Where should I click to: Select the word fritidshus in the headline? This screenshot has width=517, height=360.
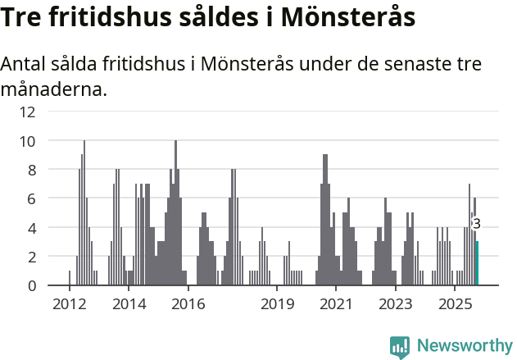(x=101, y=16)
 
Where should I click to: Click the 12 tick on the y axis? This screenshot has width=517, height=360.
(x=28, y=112)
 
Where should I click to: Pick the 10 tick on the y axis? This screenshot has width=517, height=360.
(x=28, y=140)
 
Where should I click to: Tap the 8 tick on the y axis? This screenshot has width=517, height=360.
(x=31, y=170)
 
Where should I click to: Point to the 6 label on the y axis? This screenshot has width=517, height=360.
(x=31, y=198)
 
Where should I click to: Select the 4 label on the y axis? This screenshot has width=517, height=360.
(x=31, y=227)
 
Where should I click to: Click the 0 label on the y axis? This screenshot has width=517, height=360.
(x=31, y=285)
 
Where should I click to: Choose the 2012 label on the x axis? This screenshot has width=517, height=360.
(x=69, y=305)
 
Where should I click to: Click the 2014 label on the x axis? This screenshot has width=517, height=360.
(x=129, y=305)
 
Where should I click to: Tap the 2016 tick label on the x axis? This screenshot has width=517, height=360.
(x=188, y=305)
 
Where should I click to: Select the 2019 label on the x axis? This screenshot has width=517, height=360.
(x=277, y=305)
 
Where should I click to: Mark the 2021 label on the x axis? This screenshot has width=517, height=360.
(x=336, y=305)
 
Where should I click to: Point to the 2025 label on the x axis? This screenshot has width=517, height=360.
(x=455, y=305)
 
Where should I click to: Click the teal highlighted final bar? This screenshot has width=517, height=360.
(x=477, y=263)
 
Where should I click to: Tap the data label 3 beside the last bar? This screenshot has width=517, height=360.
(x=476, y=223)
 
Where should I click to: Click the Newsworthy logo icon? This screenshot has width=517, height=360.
(x=400, y=347)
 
